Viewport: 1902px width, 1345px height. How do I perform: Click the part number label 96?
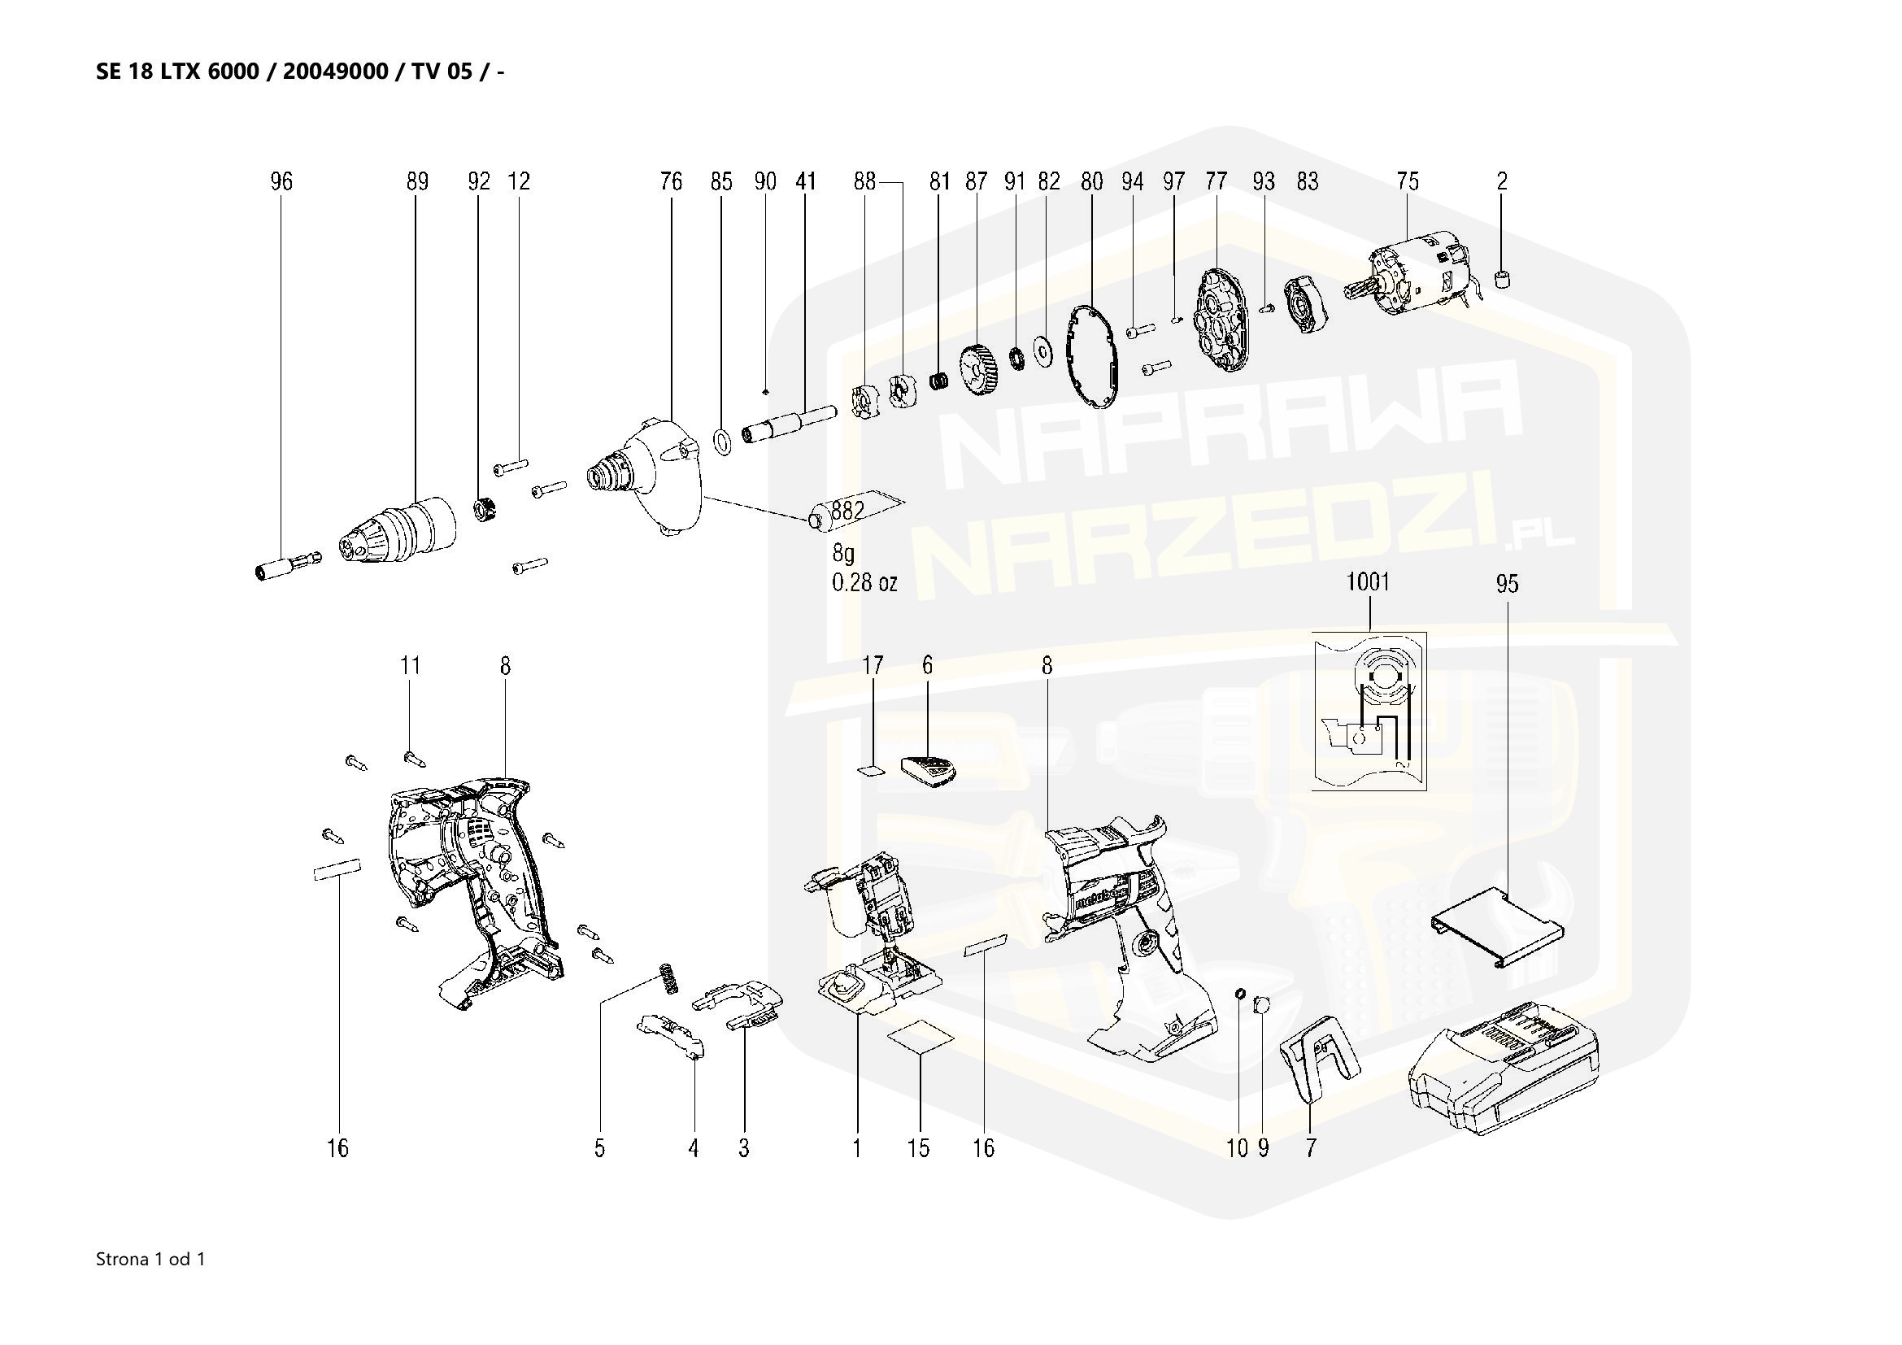[281, 181]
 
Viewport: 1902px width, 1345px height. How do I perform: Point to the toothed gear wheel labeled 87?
[981, 376]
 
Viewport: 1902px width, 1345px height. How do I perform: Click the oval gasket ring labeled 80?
[1092, 357]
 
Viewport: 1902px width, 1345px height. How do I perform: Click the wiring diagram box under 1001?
[1369, 711]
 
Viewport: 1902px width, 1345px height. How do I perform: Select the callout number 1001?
[1368, 582]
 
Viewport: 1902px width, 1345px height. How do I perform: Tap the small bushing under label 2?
[1503, 279]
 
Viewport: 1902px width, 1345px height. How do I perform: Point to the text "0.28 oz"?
[864, 583]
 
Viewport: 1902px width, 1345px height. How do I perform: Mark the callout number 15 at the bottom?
[919, 1148]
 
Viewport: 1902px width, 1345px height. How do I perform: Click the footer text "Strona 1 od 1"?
[150, 1260]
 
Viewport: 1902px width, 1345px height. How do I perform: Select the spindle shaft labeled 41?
[787, 423]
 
